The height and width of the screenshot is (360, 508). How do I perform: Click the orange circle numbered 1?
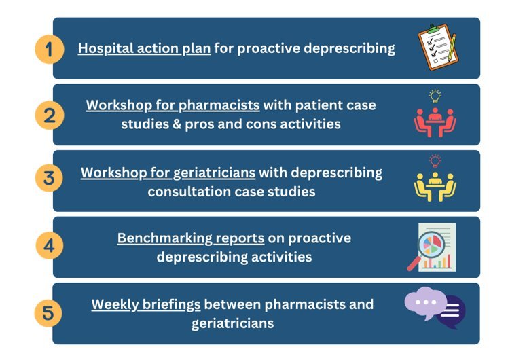pos(50,50)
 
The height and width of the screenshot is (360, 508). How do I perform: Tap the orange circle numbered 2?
pos(50,115)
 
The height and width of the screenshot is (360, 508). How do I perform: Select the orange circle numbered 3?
pos(50,178)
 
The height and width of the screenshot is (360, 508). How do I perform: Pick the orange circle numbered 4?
pos(50,245)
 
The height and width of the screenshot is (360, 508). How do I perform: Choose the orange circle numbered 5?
pos(48,312)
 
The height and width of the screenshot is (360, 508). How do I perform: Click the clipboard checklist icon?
pos(438,48)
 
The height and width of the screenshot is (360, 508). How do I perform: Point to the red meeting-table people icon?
pos(435,122)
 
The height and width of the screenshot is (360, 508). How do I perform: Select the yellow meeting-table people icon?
pos(435,187)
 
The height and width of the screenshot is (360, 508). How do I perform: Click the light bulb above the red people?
pos(435,96)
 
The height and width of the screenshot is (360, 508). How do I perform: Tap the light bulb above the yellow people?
pos(435,161)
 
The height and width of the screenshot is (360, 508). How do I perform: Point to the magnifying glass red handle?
pos(414,263)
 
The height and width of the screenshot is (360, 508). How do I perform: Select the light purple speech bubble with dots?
pos(426,304)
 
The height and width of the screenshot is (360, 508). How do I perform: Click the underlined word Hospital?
pos(106,48)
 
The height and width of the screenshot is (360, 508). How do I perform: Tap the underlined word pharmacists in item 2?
pos(219,105)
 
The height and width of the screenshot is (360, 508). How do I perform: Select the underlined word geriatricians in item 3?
pos(214,173)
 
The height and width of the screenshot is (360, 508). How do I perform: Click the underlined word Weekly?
pos(115,304)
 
